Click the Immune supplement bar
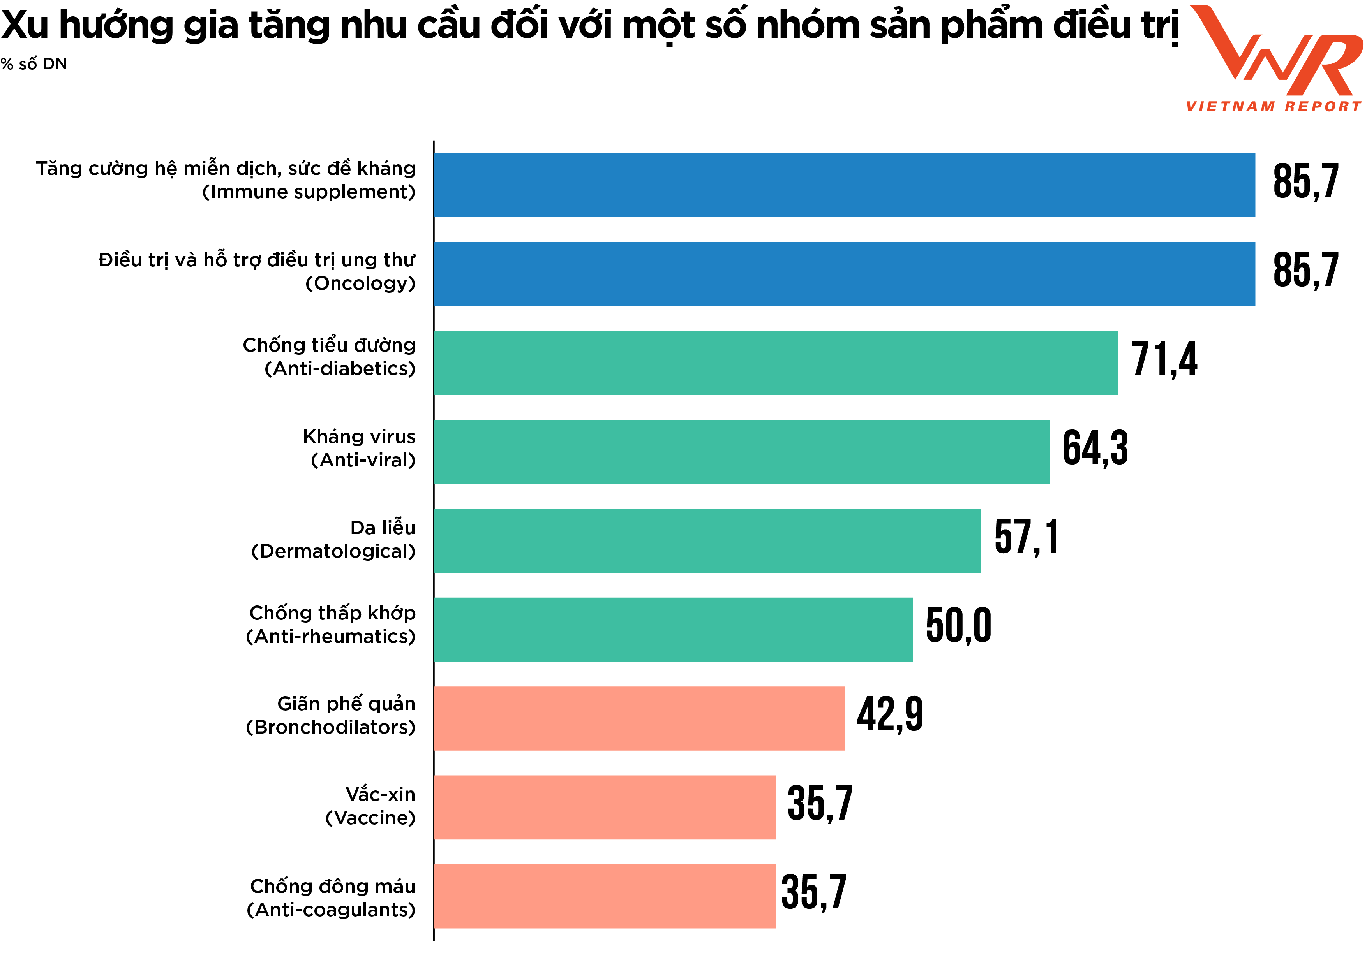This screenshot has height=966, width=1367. (x=844, y=185)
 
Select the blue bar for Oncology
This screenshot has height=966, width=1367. (x=844, y=274)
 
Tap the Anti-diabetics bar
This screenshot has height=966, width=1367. (x=775, y=363)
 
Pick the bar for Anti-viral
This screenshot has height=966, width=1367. (x=741, y=452)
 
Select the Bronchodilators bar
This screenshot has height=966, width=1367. (x=639, y=718)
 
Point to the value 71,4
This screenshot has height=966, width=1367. (x=1164, y=359)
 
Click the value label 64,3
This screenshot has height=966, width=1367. (x=1095, y=448)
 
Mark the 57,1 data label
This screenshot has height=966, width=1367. (x=1027, y=537)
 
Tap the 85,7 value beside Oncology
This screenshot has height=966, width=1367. (x=1306, y=270)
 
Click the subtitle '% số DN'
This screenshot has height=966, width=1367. (x=34, y=64)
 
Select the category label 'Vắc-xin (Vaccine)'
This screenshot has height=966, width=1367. (x=370, y=806)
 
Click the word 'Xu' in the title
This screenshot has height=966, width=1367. (x=25, y=25)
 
